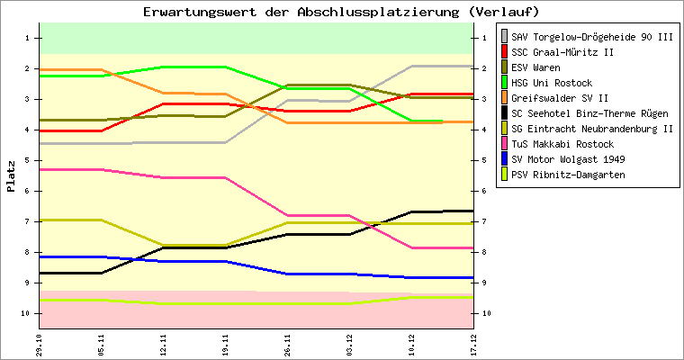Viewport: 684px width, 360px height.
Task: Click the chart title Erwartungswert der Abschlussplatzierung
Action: (x=341, y=12)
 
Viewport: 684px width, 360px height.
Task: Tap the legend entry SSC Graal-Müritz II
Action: (x=562, y=51)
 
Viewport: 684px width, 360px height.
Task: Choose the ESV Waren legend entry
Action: (x=535, y=67)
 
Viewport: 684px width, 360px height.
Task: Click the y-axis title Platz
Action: (x=11, y=176)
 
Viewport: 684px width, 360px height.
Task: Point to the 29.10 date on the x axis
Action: (x=39, y=345)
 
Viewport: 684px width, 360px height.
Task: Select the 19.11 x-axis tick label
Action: (x=225, y=345)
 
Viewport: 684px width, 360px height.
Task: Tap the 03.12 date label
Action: (x=349, y=345)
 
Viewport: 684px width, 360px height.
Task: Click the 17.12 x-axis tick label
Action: (x=474, y=345)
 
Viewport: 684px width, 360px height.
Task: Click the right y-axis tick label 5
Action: (x=485, y=160)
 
